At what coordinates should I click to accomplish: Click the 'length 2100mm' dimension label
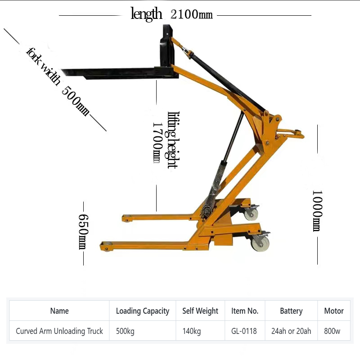[171, 14]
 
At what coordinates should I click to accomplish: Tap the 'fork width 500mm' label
[58, 81]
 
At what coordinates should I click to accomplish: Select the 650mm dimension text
[84, 231]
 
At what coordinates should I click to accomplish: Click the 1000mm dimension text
[317, 210]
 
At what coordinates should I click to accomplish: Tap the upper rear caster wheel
[250, 212]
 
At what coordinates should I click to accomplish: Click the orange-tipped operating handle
[291, 133]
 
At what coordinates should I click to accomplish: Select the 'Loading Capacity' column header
[143, 311]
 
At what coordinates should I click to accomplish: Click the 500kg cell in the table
[125, 331]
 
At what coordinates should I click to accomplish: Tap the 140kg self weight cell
[192, 331]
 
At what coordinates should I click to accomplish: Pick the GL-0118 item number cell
[244, 331]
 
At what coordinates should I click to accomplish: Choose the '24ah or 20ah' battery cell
[291, 331]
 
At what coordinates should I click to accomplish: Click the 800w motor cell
[332, 331]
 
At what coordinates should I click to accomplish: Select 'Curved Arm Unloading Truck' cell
[59, 331]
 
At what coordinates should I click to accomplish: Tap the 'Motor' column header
[333, 311]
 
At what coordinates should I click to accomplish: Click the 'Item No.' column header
[245, 311]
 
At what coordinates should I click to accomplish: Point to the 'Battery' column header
[291, 311]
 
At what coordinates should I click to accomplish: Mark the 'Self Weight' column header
[200, 311]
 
